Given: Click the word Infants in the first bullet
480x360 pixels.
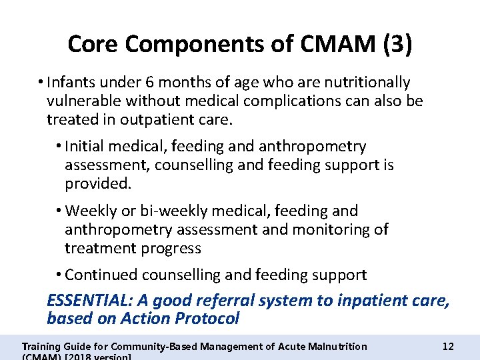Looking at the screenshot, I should [69, 83].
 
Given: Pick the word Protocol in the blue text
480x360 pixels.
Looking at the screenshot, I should [207, 319].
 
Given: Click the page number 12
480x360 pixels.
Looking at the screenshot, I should [448, 347].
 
